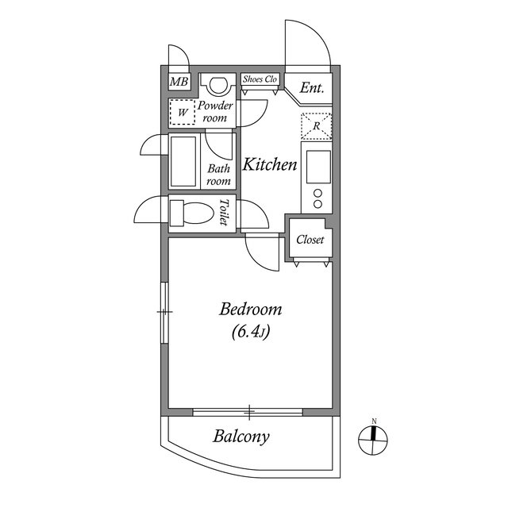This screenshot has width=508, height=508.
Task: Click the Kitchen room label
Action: (x=270, y=165)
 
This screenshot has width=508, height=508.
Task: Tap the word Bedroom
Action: (x=251, y=309)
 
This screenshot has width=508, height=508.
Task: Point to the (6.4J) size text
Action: (x=251, y=333)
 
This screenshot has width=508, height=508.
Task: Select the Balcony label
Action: (x=241, y=436)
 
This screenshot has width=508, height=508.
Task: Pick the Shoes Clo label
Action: (x=260, y=79)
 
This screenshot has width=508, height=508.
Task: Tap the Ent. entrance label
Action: (x=312, y=89)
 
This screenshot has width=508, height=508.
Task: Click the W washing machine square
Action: (x=183, y=113)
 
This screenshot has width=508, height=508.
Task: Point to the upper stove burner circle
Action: (x=317, y=193)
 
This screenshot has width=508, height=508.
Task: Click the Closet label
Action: (x=310, y=240)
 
